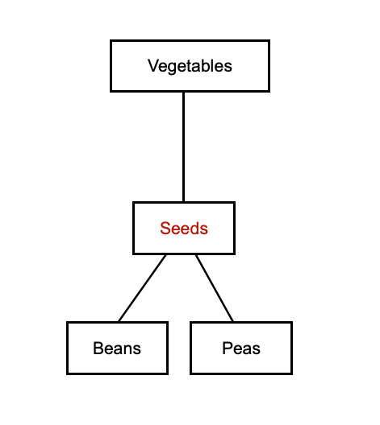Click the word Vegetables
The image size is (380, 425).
tap(190, 66)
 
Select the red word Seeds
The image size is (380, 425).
tap(184, 229)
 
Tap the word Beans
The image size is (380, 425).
tap(117, 348)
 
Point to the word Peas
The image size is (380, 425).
tap(241, 348)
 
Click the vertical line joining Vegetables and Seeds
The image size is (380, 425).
tap(184, 146)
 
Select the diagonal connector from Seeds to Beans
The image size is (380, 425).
tap(142, 288)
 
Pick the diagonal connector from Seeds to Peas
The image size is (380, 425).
tap(215, 288)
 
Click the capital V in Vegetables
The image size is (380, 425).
tap(153, 65)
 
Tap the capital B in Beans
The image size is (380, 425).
tap(98, 348)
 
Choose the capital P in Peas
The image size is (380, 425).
tap(227, 348)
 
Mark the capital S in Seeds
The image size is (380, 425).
tap(165, 229)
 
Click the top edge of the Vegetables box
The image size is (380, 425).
tap(190, 41)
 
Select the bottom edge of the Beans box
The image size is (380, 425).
tap(117, 373)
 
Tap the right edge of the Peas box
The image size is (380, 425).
tap(291, 348)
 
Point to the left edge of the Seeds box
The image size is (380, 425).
tap(134, 229)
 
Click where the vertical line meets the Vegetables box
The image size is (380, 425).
tap(184, 92)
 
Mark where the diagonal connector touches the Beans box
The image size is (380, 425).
tap(119, 322)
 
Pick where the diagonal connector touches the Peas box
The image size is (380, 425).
tap(233, 322)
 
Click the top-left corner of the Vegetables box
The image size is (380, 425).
tap(111, 41)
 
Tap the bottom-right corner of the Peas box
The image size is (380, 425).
tap(291, 373)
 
